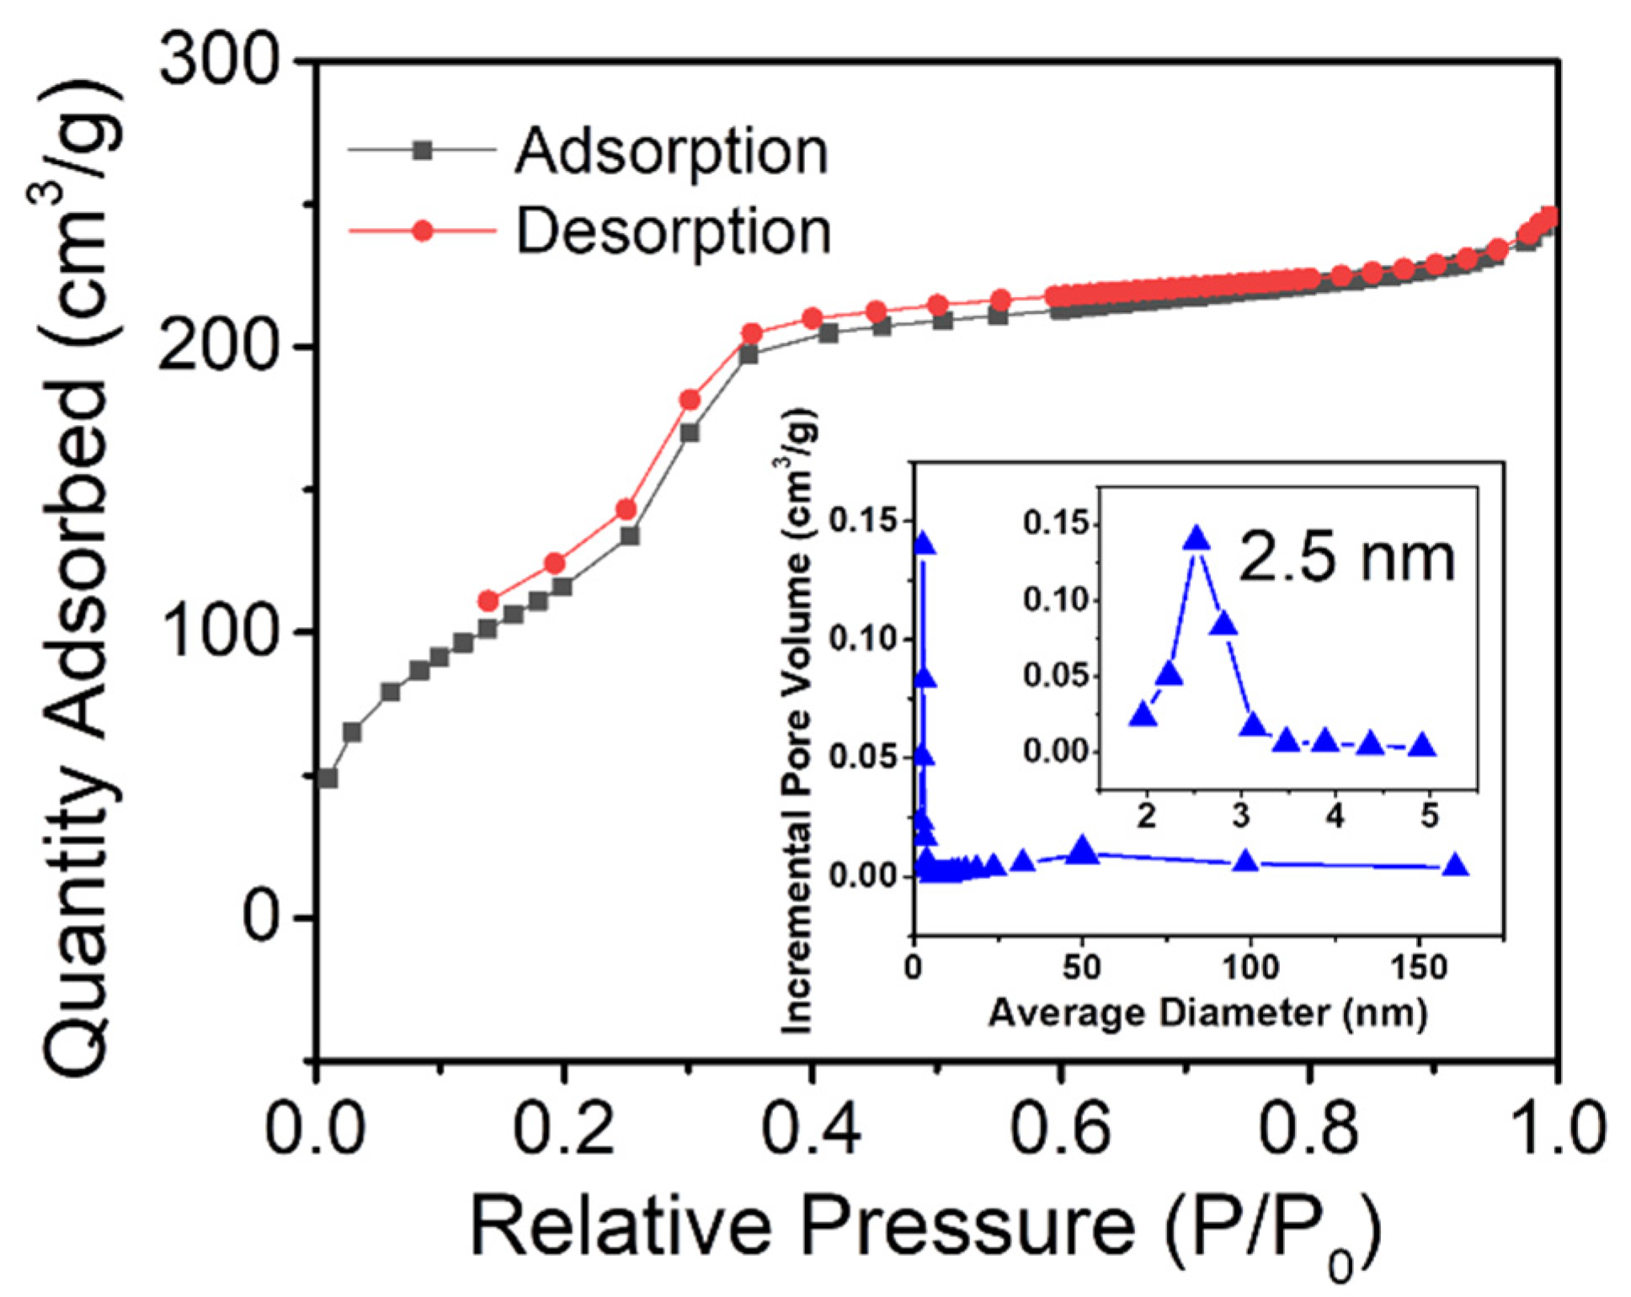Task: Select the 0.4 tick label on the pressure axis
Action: pos(811,1128)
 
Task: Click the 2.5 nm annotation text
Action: pos(1346,558)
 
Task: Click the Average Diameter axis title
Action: pos(1207,1013)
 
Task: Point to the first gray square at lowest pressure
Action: pos(328,778)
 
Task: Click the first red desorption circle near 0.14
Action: pos(488,601)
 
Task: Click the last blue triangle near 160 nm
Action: pos(1455,866)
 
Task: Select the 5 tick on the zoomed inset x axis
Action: pos(1430,816)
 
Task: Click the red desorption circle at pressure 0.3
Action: pos(690,400)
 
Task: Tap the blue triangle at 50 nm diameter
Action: pos(1084,851)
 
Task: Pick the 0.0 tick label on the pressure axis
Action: pos(315,1128)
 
